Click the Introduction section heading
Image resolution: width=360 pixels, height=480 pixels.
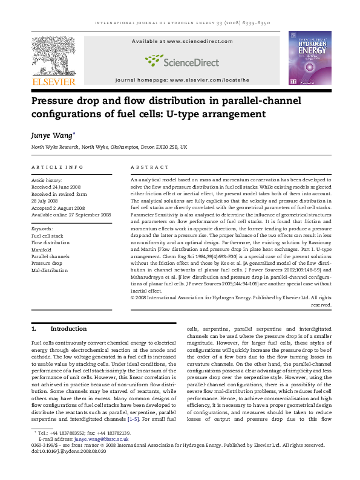point(68,329)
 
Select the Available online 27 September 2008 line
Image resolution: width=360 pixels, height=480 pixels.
point(71,214)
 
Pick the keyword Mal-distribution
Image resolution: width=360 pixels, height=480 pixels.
point(48,270)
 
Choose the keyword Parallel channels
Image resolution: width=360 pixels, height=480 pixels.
point(51,256)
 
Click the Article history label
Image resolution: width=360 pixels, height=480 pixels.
point(47,180)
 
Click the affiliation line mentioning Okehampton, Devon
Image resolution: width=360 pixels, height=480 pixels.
point(109,147)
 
